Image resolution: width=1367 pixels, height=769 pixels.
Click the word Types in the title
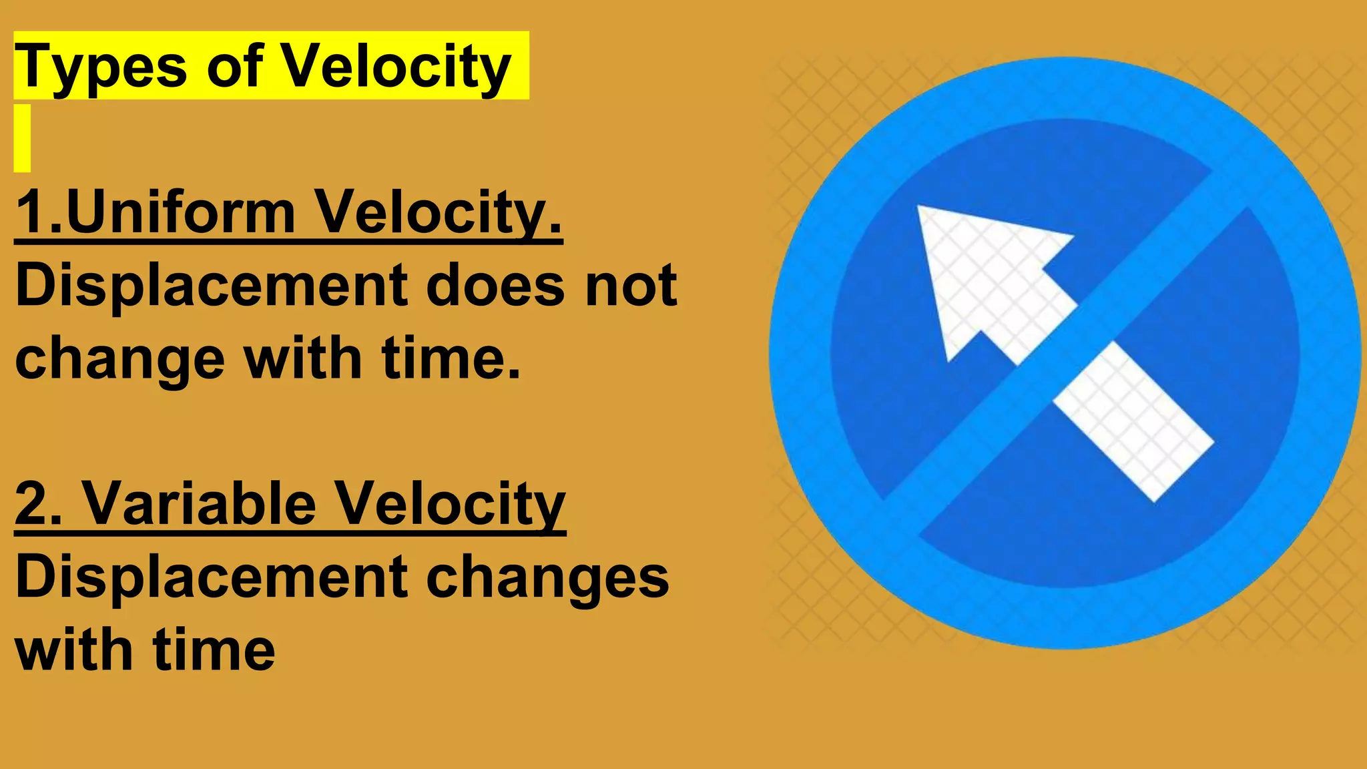point(100,67)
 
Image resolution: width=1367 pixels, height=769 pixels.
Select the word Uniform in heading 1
point(180,212)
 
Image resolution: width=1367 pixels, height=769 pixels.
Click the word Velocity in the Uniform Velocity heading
point(437,212)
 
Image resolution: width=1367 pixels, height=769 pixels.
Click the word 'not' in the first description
point(631,286)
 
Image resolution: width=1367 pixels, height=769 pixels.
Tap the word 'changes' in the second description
point(547,577)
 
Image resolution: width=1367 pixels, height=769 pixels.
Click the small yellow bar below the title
point(22,138)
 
